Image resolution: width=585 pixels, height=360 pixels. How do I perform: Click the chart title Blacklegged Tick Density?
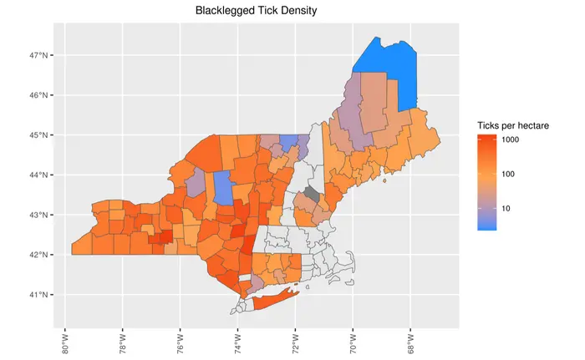point(256,11)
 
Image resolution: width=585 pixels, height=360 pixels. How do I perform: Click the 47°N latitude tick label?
point(42,55)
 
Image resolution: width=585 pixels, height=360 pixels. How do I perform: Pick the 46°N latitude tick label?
point(42,95)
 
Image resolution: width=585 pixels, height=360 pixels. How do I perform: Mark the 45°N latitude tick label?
point(42,134)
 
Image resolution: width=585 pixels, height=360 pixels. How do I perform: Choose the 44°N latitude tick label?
point(42,175)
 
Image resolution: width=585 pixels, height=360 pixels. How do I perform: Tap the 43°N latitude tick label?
point(42,215)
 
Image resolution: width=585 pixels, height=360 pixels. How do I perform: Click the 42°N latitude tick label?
point(42,255)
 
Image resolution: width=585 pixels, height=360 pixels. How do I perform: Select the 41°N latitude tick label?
point(42,295)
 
